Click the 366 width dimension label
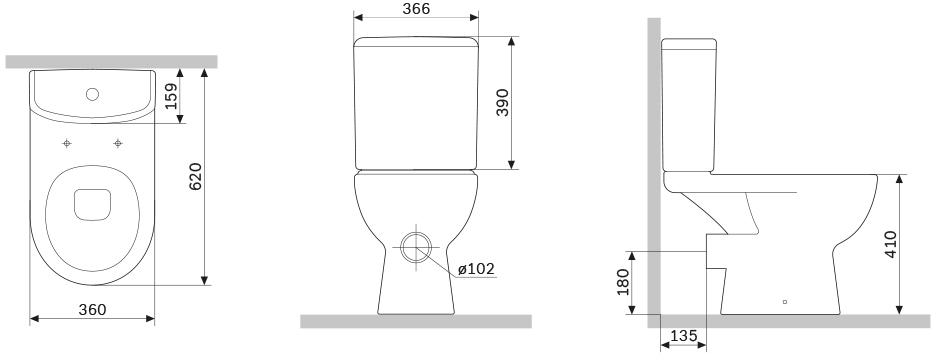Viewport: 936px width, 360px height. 416,8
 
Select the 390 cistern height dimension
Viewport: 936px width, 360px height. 503,102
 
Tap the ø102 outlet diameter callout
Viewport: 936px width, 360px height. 476,269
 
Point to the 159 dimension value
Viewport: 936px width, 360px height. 171,96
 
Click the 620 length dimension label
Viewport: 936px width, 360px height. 195,176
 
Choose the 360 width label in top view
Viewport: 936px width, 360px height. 93,310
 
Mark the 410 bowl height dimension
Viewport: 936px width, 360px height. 890,244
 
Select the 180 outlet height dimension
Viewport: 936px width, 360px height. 623,282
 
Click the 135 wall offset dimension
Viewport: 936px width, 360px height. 683,336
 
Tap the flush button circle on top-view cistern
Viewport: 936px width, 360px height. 92,94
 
